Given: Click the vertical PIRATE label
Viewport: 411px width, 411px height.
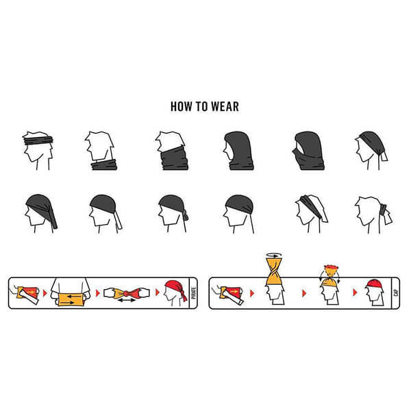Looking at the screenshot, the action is click(x=193, y=292).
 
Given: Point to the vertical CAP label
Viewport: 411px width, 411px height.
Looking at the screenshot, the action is click(x=395, y=292).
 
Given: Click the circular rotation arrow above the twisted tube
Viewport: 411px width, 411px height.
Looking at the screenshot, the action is click(x=274, y=255).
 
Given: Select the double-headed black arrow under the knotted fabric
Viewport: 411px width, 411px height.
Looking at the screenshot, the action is click(x=126, y=300).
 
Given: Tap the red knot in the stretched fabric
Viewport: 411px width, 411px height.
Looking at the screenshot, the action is click(x=127, y=292).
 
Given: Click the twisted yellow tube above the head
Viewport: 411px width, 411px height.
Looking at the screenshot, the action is click(x=274, y=271).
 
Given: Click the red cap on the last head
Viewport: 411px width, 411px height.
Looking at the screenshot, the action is click(x=374, y=284).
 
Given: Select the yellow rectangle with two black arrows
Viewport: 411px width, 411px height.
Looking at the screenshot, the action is click(x=71, y=299).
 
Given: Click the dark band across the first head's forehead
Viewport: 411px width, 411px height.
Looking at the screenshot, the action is click(x=38, y=140).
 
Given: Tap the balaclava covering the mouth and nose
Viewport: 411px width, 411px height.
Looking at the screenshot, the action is click(x=308, y=151).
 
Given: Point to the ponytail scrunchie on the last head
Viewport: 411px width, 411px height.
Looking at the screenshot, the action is click(x=383, y=210).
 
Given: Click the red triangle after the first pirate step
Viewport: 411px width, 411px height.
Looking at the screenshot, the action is click(x=45, y=293).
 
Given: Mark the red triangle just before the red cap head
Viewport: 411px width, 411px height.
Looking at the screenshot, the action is click(x=355, y=292).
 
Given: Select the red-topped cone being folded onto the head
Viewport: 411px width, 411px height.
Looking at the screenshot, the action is click(x=331, y=275).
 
